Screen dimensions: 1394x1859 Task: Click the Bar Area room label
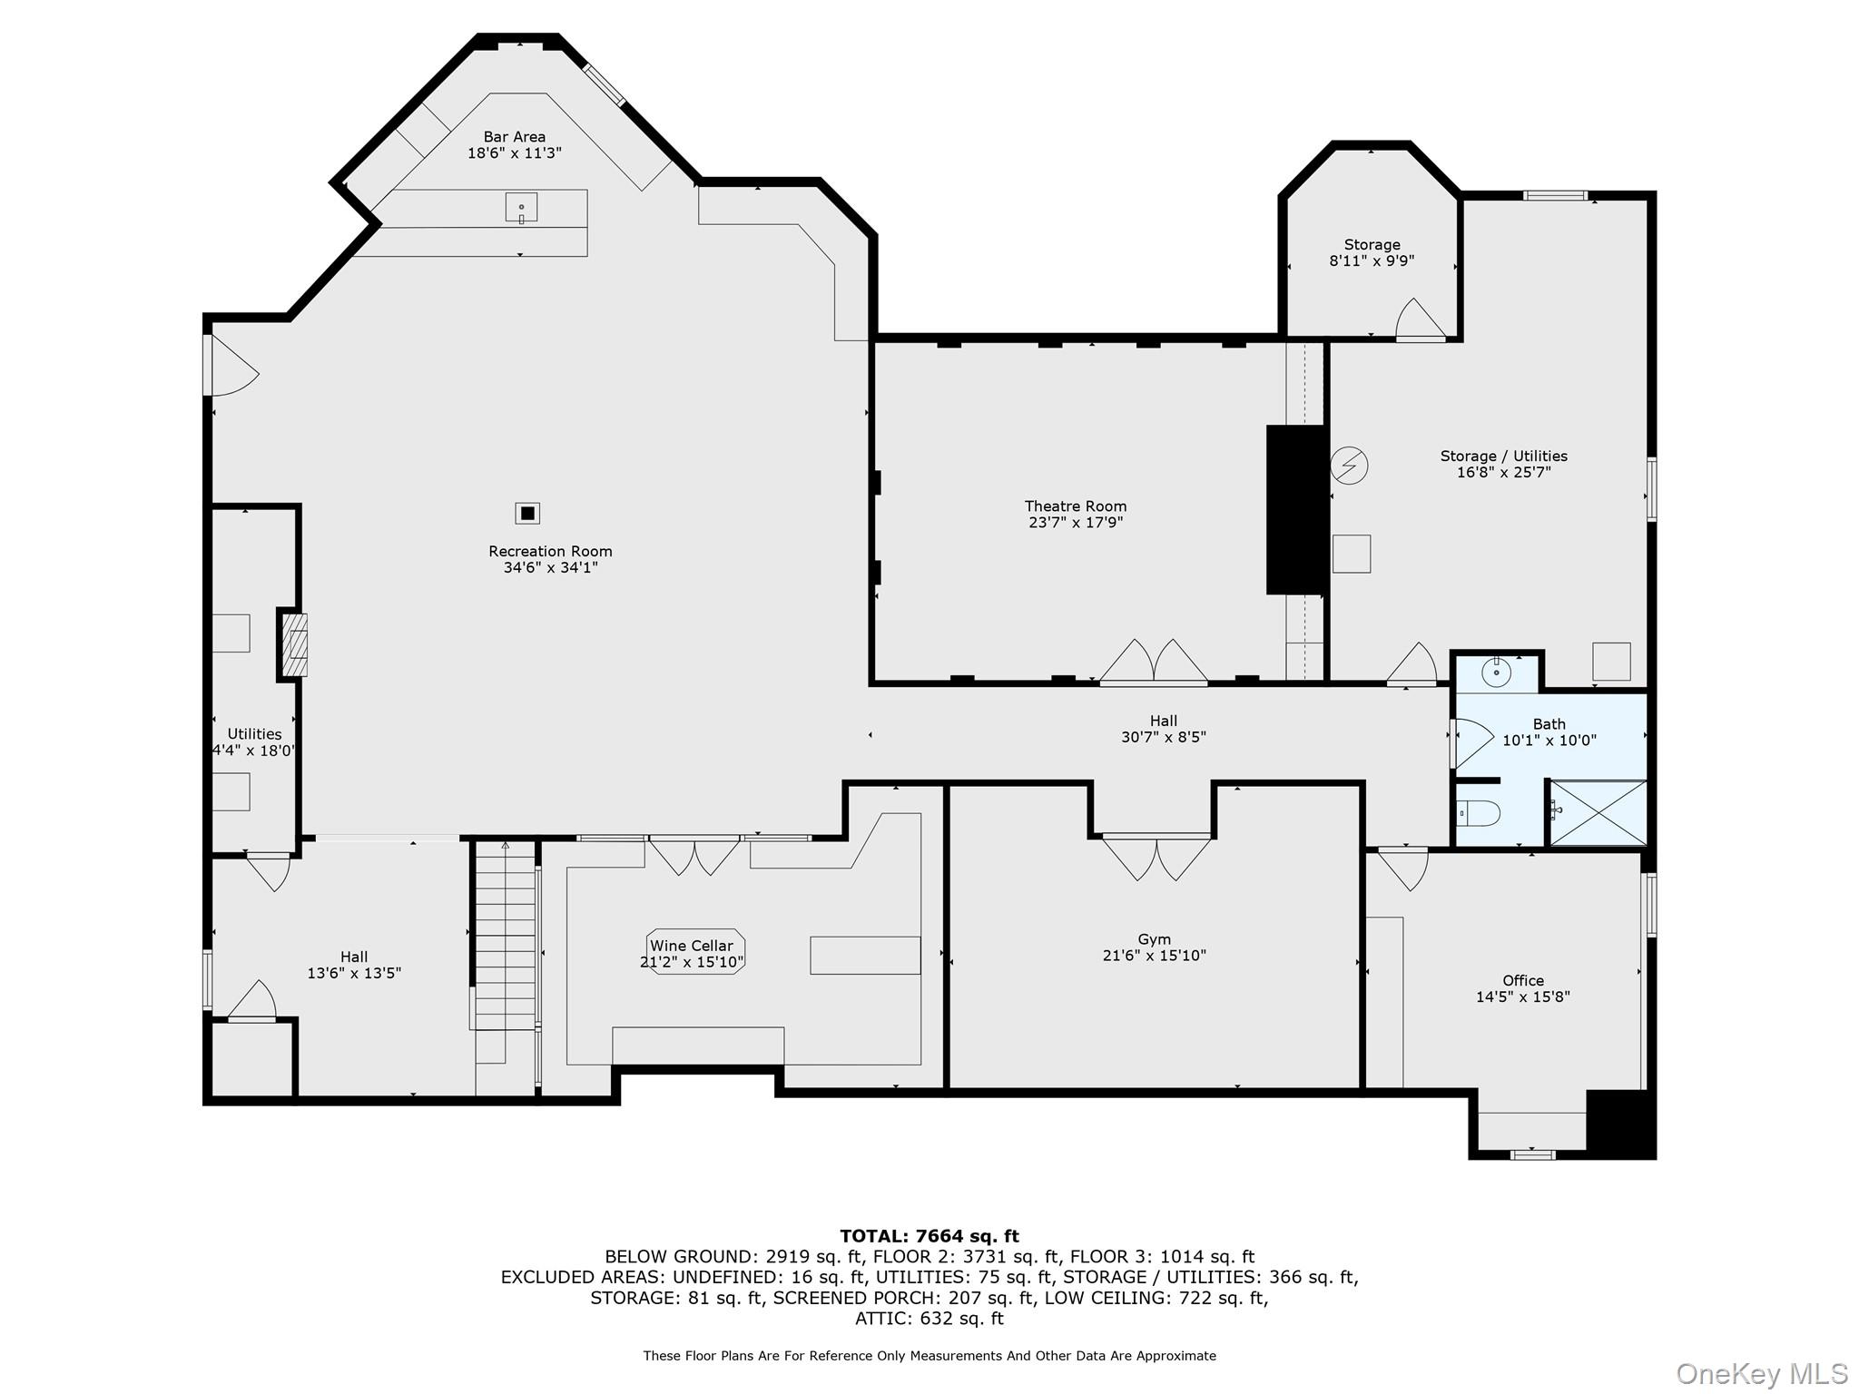[514, 137]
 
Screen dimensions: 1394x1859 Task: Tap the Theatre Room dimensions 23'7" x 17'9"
[1075, 523]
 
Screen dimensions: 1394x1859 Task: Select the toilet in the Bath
[1478, 813]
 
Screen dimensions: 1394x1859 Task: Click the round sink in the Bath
[1495, 672]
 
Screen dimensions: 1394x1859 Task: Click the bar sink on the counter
[521, 207]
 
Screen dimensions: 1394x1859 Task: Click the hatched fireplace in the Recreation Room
[294, 644]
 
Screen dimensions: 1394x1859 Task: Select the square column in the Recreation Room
[527, 513]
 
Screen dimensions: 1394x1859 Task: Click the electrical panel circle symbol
[1349, 466]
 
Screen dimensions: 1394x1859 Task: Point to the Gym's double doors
[1156, 858]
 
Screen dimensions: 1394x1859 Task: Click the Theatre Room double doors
[1153, 662]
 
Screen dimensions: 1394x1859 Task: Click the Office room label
[1522, 980]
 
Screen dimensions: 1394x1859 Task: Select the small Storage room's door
[1419, 321]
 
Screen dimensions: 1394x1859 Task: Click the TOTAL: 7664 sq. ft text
[929, 1236]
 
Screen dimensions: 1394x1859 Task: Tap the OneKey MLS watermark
[1761, 1374]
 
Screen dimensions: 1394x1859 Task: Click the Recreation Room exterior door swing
[231, 368]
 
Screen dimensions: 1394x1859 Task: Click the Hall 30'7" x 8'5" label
[1163, 729]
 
